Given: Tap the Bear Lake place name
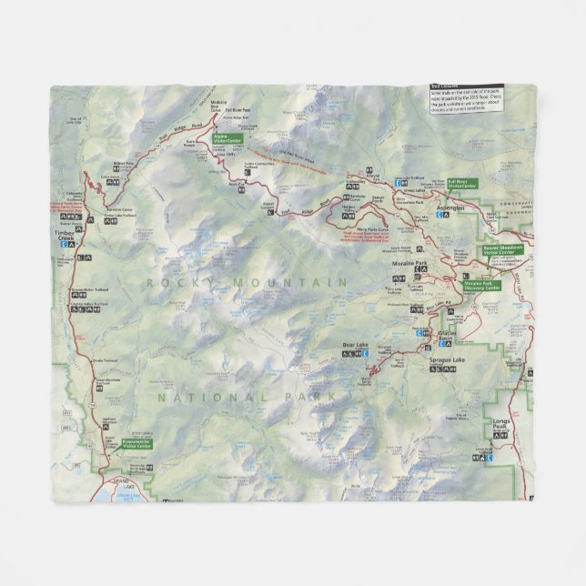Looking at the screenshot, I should point(355,345).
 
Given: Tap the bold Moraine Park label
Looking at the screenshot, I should point(409,260).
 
